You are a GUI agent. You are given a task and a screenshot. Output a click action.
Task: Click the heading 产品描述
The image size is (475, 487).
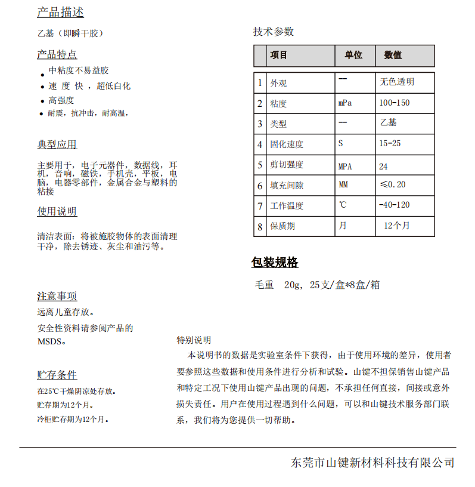[60, 12]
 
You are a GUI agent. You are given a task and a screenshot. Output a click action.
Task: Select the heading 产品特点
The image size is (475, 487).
[57, 54]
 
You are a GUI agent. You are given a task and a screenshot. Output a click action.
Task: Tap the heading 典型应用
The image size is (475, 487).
[57, 144]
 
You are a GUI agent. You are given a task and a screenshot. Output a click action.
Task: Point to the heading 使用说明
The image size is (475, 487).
[57, 211]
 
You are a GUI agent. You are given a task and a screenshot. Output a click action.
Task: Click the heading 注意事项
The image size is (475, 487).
[57, 296]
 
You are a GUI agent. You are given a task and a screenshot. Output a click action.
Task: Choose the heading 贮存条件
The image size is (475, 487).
[57, 375]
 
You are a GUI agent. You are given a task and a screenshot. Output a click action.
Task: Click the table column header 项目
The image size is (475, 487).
[279, 55]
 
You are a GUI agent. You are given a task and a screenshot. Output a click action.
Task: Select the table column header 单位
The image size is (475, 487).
[353, 55]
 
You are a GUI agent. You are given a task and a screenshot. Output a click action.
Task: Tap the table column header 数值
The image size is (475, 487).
[393, 55]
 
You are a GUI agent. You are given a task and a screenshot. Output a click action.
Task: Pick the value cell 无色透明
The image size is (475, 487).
[397, 82]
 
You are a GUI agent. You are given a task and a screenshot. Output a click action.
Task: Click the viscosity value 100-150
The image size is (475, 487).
[395, 103]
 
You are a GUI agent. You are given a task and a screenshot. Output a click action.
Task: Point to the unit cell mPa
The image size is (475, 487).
[345, 103]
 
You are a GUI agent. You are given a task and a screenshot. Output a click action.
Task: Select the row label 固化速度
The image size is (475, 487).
[287, 144]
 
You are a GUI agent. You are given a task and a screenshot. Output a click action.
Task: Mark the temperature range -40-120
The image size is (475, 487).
[395, 205]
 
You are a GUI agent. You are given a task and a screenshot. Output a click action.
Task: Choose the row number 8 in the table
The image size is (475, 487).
[260, 226]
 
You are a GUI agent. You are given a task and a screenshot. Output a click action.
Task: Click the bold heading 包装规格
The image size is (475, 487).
[275, 262]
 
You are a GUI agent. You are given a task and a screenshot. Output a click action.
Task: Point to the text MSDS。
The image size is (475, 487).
[52, 341]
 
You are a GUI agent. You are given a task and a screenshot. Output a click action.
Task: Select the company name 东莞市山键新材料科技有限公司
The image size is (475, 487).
[373, 463]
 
